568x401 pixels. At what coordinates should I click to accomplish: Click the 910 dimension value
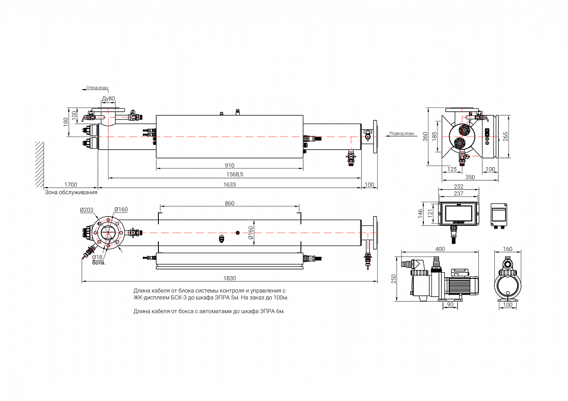pos(229,165)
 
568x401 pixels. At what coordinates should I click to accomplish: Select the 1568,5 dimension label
pos(235,175)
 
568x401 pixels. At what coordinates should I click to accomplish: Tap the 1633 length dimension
pos(229,184)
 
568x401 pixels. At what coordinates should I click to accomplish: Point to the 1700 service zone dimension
pos(70,184)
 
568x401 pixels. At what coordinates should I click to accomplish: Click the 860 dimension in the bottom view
pos(229,203)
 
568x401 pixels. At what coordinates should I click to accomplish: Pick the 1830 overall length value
pos(229,278)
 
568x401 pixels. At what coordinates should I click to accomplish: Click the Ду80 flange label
pos(108,98)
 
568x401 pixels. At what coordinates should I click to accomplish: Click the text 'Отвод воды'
pos(97,88)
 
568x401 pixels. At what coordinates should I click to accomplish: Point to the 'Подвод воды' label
pos(402,133)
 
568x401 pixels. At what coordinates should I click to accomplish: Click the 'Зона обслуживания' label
pos(71,192)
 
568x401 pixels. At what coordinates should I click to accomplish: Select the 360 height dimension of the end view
pos(425,136)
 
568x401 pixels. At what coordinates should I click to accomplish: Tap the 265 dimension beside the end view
pos(506,136)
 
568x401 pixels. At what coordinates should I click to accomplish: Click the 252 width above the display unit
pos(458,187)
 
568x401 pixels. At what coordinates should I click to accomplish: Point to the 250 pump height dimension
pos(394,278)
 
